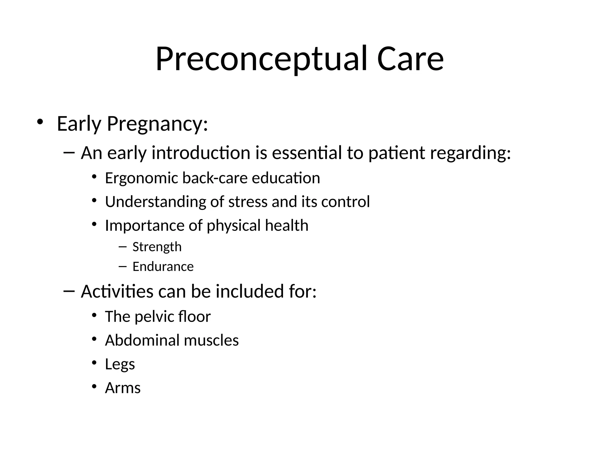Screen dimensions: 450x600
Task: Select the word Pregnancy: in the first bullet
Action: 157,124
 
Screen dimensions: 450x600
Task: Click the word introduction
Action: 201,153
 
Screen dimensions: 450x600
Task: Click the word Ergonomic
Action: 141,178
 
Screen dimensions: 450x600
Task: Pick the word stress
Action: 248,202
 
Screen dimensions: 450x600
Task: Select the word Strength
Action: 157,247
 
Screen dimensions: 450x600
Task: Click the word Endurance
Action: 163,267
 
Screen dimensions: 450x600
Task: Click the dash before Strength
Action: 122,247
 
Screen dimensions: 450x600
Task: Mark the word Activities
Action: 117,292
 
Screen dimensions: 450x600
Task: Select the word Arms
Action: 123,388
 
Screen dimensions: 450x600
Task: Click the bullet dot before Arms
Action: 94,387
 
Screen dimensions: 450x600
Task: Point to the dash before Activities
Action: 69,291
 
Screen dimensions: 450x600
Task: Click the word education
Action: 286,178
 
